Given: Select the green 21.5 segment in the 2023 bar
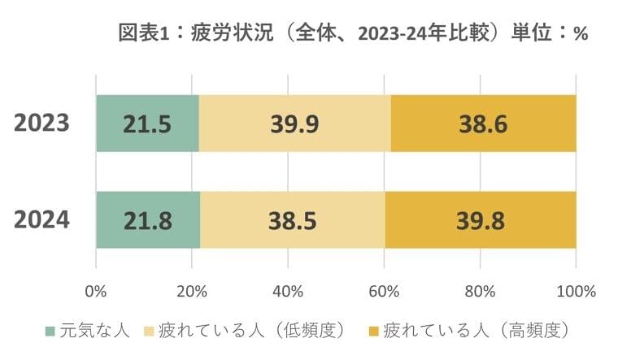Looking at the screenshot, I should (147, 124).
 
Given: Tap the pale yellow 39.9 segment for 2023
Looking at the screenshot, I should (294, 124).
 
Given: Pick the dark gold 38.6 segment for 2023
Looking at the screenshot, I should (483, 124).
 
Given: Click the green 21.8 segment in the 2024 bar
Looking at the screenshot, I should (148, 219).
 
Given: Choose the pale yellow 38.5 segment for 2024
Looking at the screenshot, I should (293, 219).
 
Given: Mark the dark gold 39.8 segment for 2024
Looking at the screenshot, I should (481, 219).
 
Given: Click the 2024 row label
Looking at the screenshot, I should (41, 219).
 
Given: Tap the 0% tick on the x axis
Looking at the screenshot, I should (96, 290).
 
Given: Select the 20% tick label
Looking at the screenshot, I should (192, 290).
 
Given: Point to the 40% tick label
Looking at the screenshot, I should (288, 290).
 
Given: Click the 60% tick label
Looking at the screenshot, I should (384, 290).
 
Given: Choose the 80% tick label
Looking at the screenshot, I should (480, 290).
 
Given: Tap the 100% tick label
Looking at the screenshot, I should (576, 290).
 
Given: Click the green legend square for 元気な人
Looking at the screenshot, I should (50, 331).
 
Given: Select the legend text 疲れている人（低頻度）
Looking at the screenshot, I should (247, 331).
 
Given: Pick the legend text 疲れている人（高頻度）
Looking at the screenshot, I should (475, 331).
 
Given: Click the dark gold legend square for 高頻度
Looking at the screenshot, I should (373, 331).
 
